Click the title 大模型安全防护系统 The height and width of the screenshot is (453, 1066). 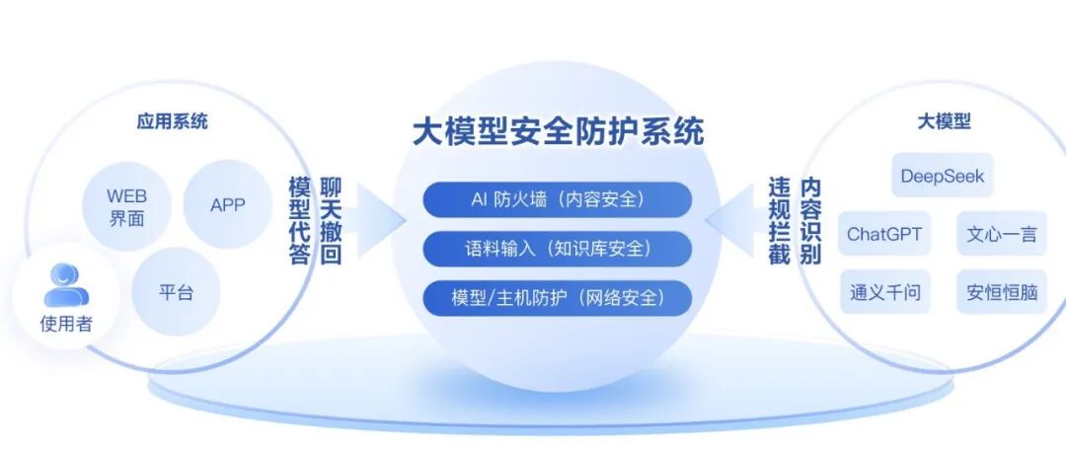click(x=558, y=132)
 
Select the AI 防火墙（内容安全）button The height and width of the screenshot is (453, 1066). click(x=558, y=198)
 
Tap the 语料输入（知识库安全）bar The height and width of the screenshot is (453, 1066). click(x=558, y=248)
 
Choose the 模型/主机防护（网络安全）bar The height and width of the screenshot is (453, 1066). click(x=558, y=296)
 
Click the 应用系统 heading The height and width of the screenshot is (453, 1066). click(x=172, y=122)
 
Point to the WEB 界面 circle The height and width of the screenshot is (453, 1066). click(x=126, y=207)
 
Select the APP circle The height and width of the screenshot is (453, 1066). click(x=227, y=205)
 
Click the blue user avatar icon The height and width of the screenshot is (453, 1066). click(x=66, y=286)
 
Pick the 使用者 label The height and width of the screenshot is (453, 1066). click(x=66, y=323)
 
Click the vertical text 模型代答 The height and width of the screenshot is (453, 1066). click(x=300, y=221)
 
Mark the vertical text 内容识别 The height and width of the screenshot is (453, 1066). click(x=810, y=221)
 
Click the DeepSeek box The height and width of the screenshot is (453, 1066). click(x=941, y=176)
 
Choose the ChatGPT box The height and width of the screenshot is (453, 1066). click(x=883, y=235)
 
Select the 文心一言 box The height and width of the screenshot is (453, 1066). click(x=1001, y=235)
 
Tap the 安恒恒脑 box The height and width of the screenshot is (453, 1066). click(x=1001, y=292)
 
